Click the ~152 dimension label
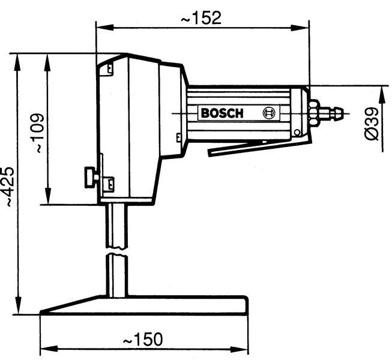point(201,17)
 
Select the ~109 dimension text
point(37,132)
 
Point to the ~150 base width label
point(142,340)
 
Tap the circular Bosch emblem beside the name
point(270,113)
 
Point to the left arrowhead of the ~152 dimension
point(101,26)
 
